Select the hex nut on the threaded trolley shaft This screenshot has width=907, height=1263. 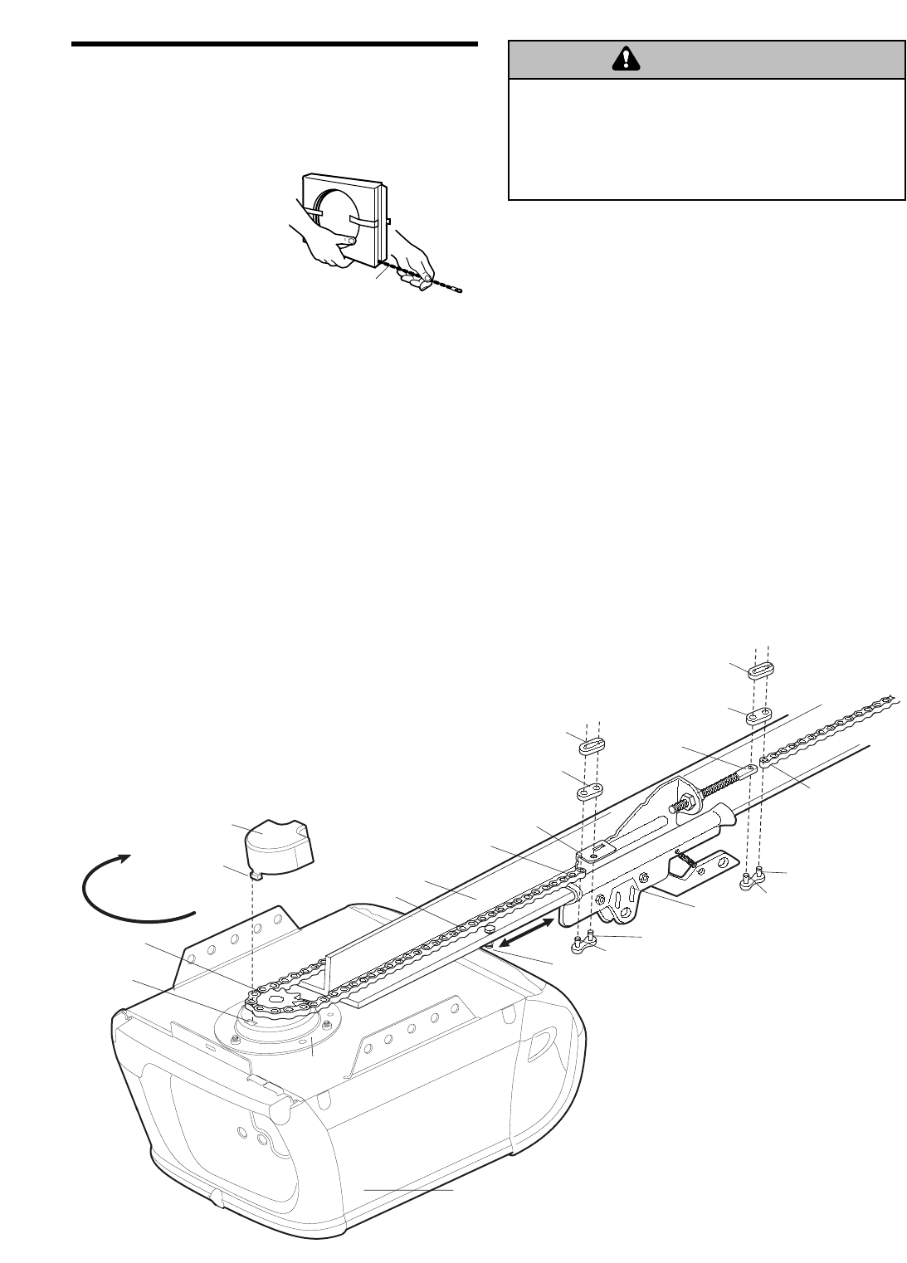687,803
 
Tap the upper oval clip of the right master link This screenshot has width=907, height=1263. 761,671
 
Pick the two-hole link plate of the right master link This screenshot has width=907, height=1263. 757,715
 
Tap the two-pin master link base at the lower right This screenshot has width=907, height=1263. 752,880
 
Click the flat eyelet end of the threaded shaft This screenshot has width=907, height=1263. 750,768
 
